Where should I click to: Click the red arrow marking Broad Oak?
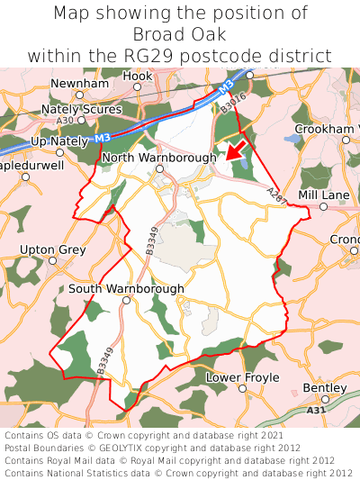click(237, 147)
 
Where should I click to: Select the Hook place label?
click(138, 77)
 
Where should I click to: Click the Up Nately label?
click(58, 142)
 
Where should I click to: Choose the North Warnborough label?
click(158, 158)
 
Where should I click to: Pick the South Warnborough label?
click(126, 288)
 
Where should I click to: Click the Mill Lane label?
click(323, 194)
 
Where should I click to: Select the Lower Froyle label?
click(243, 377)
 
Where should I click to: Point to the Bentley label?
click(325, 387)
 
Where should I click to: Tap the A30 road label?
click(64, 120)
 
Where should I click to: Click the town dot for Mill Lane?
click(323, 207)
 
